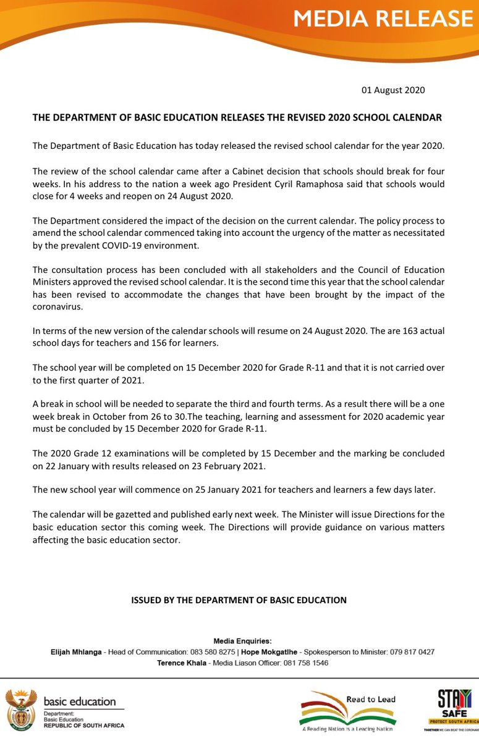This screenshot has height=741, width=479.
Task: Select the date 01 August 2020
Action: click(393, 90)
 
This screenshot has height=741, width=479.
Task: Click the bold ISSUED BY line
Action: click(239, 600)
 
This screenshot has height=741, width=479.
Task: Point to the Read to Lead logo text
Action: click(370, 700)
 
